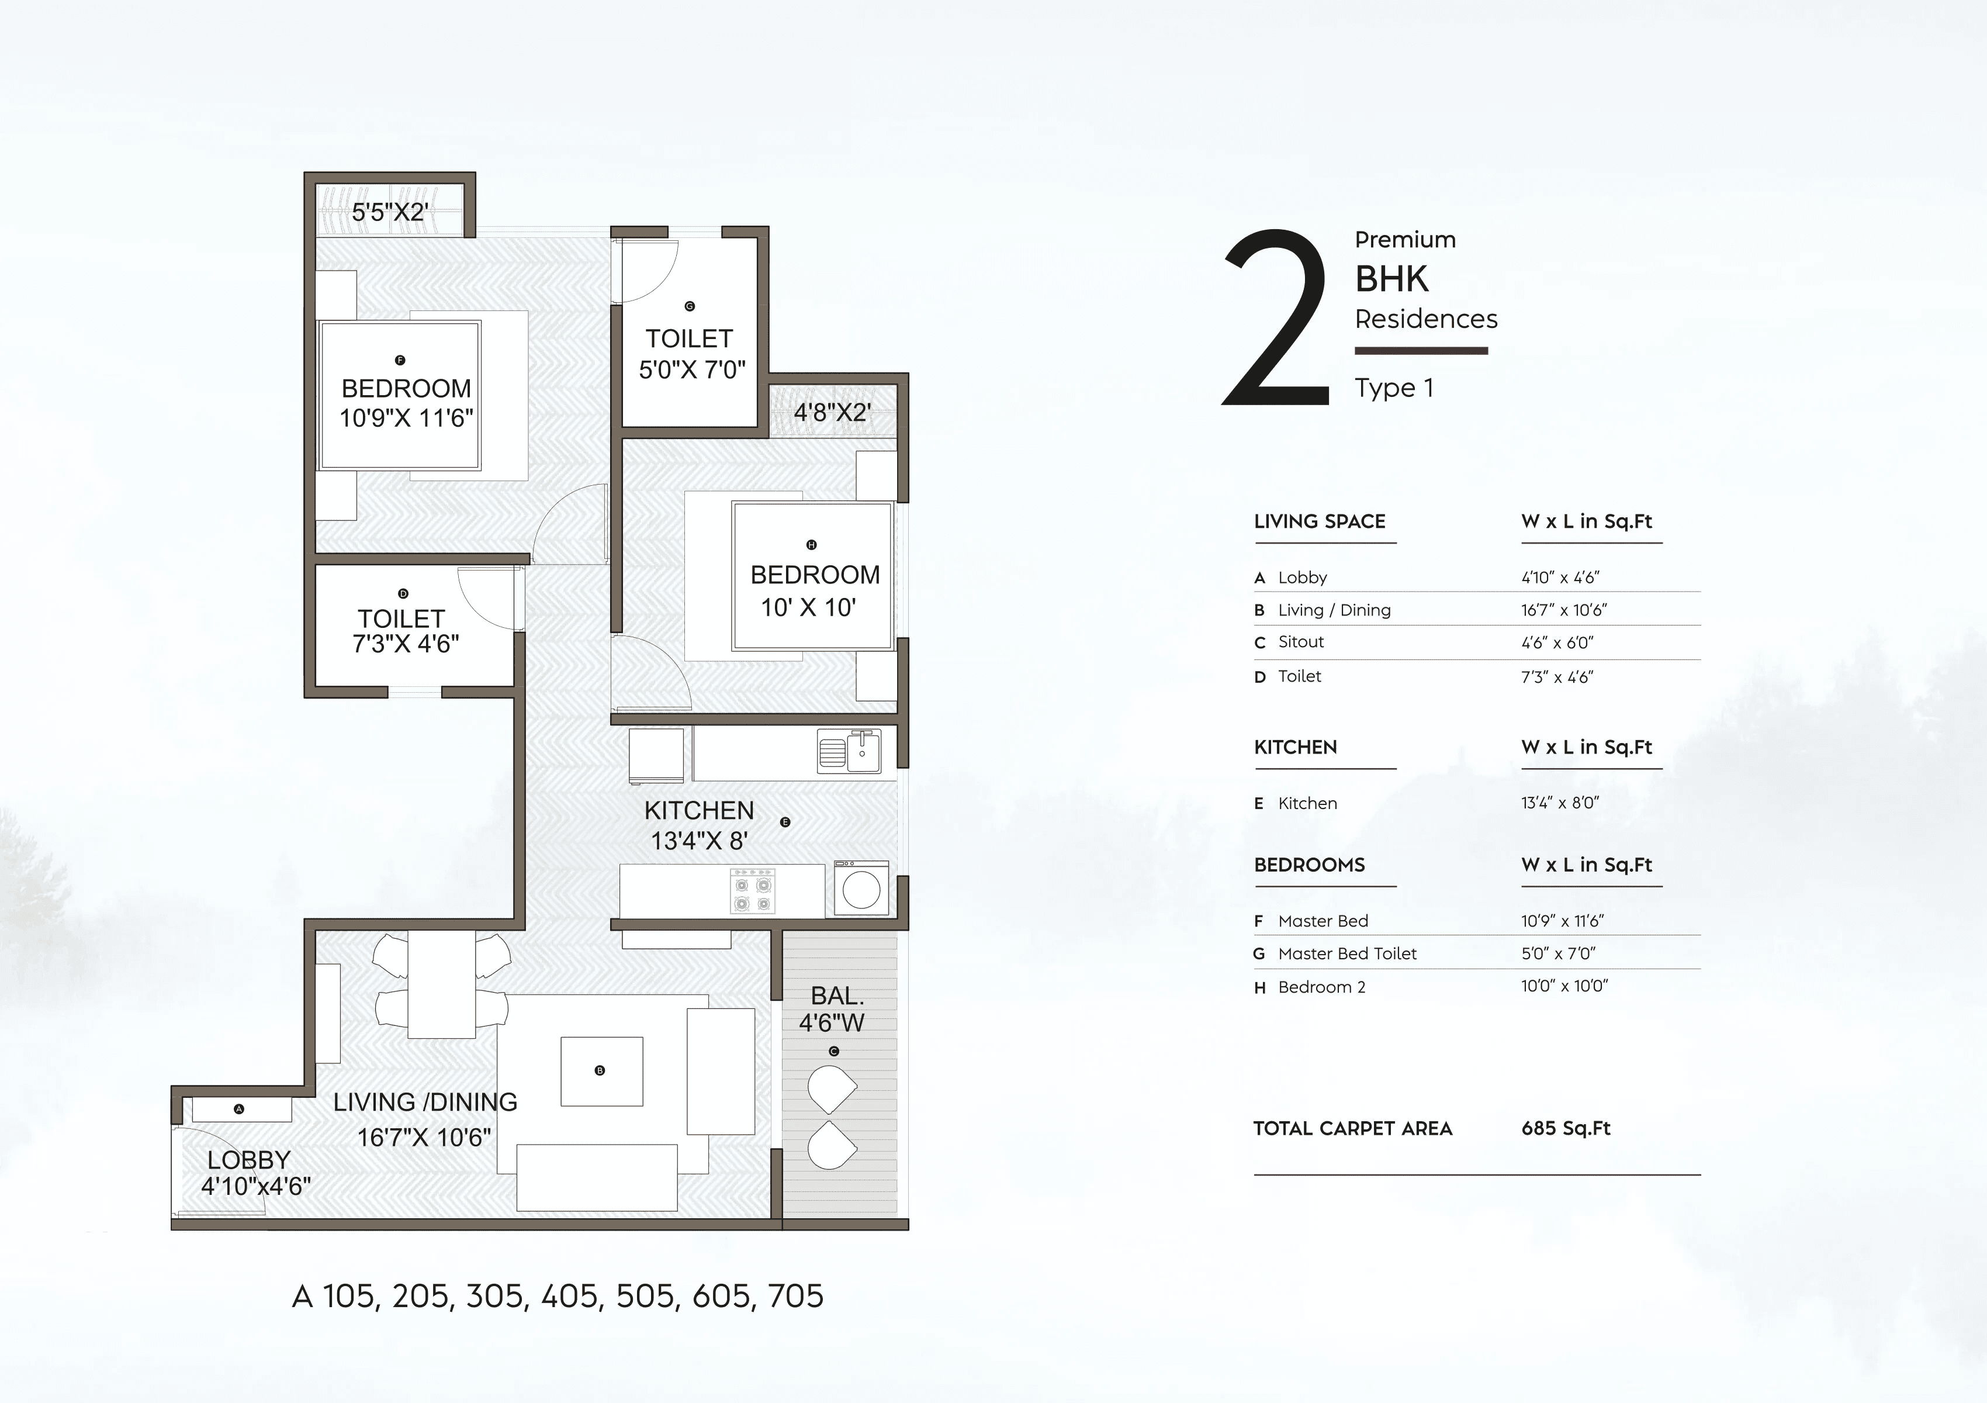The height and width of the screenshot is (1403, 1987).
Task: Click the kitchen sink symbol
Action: [x=849, y=751]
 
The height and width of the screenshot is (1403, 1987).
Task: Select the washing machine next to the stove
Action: [x=861, y=889]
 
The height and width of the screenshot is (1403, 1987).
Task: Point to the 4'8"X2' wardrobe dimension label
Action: [x=832, y=412]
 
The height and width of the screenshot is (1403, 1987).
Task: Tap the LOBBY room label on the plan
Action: [x=248, y=1160]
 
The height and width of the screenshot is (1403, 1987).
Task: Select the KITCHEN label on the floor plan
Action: [x=700, y=811]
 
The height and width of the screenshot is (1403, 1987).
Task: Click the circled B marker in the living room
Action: [x=600, y=1070]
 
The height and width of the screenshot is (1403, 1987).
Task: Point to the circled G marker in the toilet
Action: [x=690, y=306]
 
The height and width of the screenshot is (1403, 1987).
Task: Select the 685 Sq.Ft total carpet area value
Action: [x=1566, y=1129]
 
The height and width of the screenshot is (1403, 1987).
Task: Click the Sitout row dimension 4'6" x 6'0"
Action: [x=1557, y=642]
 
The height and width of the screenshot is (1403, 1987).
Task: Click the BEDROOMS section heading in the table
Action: [x=1310, y=865]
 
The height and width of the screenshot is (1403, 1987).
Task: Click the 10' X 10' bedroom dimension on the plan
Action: [x=808, y=607]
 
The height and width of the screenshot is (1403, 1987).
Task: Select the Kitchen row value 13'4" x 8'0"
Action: [x=1559, y=803]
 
